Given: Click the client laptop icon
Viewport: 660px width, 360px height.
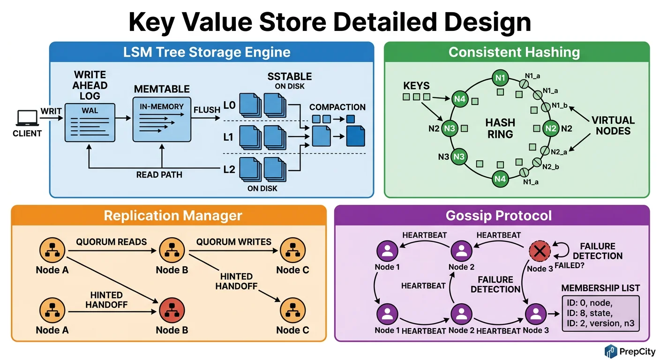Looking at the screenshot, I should [28, 118].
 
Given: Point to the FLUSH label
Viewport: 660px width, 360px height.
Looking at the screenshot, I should [207, 110].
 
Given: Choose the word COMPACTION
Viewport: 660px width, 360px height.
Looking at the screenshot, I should [337, 107].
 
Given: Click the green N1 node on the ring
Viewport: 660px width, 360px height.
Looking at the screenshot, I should [500, 77].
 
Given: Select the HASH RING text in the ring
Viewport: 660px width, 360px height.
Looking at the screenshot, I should [500, 128].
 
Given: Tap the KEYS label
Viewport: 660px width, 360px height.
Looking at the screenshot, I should [417, 86].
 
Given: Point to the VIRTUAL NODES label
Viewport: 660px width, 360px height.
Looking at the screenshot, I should [613, 125].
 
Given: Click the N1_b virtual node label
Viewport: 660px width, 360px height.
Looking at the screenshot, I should [559, 105].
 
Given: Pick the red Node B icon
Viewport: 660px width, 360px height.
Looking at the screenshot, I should [172, 310].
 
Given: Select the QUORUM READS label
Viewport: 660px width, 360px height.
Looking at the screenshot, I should [112, 242].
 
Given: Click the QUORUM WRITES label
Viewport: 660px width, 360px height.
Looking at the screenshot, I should [233, 242].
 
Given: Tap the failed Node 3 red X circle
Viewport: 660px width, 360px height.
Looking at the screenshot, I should [540, 252].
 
